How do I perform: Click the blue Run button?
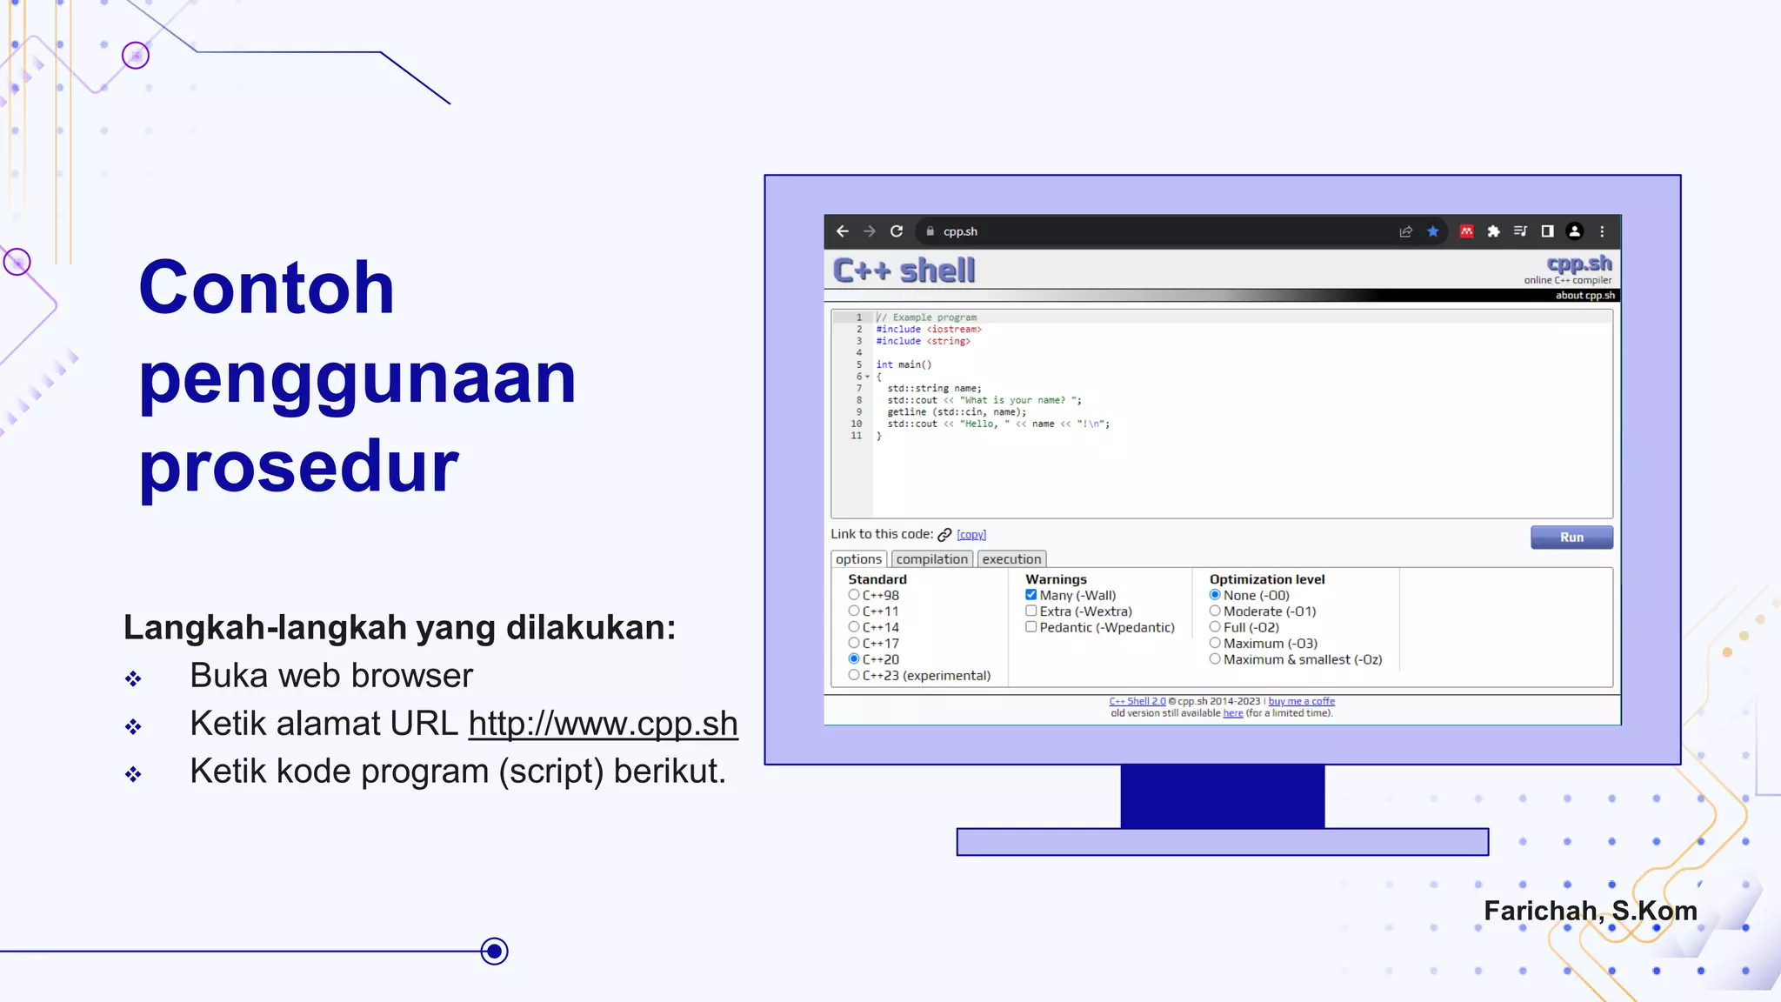1571,538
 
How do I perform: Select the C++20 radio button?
854,659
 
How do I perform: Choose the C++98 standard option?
854,595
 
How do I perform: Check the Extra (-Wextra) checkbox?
1031,611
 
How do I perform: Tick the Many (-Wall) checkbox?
1031,595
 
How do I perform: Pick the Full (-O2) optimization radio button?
1215,627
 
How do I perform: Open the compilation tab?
931,559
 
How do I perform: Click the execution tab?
1011,559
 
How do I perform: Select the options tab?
858,559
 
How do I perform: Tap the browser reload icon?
897,231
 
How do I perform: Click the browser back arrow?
842,231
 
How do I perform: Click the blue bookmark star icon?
1432,231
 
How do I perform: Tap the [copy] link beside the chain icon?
971,535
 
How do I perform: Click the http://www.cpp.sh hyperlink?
603,724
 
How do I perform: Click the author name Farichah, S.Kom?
1590,911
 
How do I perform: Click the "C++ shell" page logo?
904,271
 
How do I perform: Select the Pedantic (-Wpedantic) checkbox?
1031,627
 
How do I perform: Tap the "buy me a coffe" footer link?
1301,701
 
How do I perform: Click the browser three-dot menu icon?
1602,231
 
